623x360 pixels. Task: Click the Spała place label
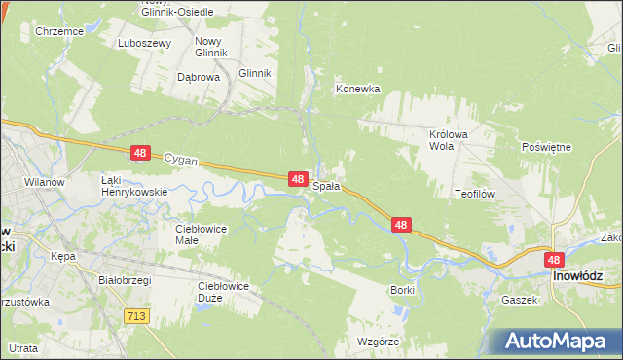[x=326, y=186]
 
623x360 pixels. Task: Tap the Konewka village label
[x=357, y=89]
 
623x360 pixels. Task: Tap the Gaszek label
[x=520, y=300]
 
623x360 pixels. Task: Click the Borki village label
[x=402, y=290]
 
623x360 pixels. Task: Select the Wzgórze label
[x=378, y=343]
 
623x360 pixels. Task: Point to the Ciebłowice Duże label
[x=224, y=291]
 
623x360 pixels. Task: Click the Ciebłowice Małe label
[x=201, y=234]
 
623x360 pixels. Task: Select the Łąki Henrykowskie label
[x=135, y=186]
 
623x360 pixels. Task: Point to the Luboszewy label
[x=144, y=43]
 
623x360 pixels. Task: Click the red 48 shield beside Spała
[x=299, y=179]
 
